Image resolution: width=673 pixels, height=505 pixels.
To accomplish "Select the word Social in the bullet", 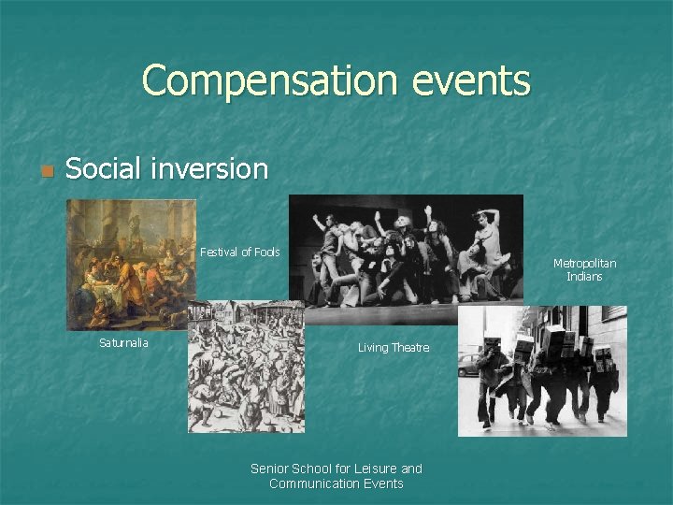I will pos(104,169).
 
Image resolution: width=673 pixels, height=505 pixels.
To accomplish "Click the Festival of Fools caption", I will pos(240,252).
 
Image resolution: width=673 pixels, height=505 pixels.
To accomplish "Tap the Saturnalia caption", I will pos(123,342).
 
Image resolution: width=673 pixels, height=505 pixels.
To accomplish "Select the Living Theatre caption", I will pos(394,348).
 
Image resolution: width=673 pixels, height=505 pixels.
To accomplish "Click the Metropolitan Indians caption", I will pos(584,269).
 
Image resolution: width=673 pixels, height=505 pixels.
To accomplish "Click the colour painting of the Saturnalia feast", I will pos(131,265).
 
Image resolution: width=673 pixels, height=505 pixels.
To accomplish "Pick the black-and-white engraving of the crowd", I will pos(246,368).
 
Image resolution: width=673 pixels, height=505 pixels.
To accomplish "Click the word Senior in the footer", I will pos(270,469).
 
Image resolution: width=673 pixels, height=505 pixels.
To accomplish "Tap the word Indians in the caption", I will pos(584,277).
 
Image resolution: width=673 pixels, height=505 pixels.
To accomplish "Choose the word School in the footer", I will pos(315,469).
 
